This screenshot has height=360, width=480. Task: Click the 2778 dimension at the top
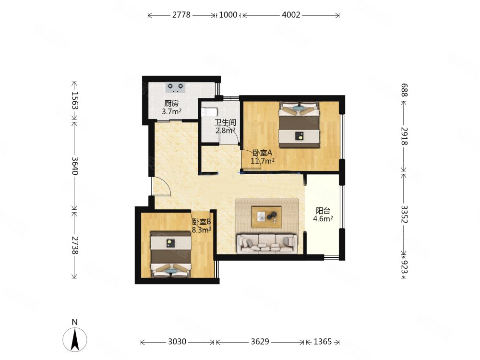[181, 15]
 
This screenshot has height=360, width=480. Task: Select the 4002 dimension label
[291, 15]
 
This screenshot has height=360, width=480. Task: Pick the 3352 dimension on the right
[404, 214]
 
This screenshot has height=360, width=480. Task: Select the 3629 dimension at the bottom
[260, 341]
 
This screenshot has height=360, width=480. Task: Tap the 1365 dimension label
[323, 341]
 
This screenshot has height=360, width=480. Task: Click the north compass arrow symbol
[75, 339]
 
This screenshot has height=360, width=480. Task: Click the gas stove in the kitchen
[175, 87]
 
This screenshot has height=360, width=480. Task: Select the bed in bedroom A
[299, 125]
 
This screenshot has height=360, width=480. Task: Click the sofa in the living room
[267, 244]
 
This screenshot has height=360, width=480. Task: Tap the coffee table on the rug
[266, 217]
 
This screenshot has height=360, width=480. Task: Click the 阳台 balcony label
[323, 211]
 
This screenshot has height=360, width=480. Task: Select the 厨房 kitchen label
[171, 104]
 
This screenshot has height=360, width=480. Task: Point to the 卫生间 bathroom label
[225, 122]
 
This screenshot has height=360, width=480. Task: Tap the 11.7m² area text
[263, 161]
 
